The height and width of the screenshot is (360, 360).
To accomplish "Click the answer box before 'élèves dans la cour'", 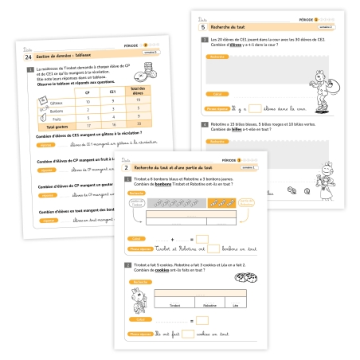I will coord(249,108).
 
